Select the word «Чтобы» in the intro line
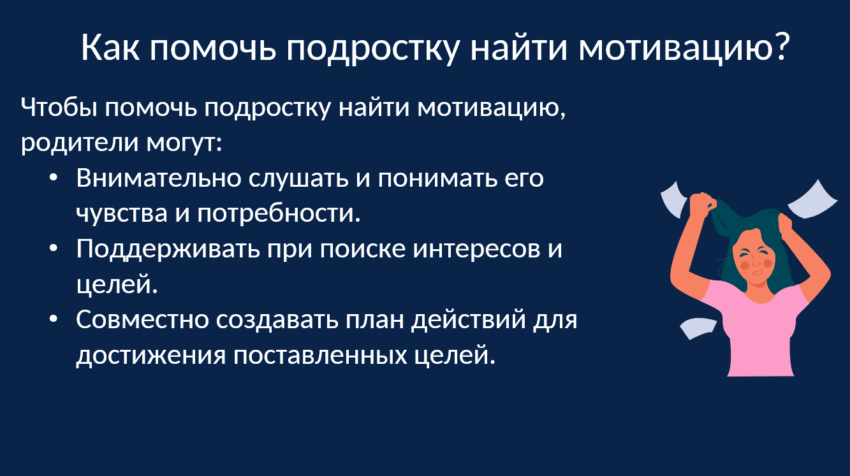tap(59, 108)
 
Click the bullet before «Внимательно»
tap(54, 178)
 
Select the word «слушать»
tap(298, 178)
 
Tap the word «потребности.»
tap(279, 213)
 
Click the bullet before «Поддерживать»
tap(54, 249)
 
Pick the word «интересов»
tap(476, 249)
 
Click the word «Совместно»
tap(142, 320)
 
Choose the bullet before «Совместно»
tap(54, 319)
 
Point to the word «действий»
tap(469, 320)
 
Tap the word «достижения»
tap(151, 356)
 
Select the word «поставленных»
tap(319, 356)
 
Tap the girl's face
tap(754, 262)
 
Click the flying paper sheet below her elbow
tap(698, 328)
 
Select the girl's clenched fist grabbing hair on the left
tap(701, 205)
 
